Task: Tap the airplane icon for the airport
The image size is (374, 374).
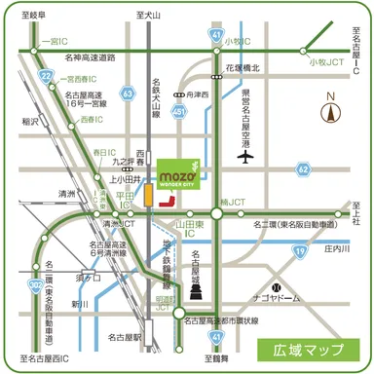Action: pos(244,156)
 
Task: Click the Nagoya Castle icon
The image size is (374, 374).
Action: pos(198,288)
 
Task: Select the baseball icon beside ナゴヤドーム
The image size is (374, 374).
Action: pos(278,287)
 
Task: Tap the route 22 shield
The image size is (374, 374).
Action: pos(46,75)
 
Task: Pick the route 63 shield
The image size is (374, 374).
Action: pos(129,93)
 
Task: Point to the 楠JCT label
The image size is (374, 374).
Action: pos(235,203)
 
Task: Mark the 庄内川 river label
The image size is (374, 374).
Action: pos(336,249)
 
